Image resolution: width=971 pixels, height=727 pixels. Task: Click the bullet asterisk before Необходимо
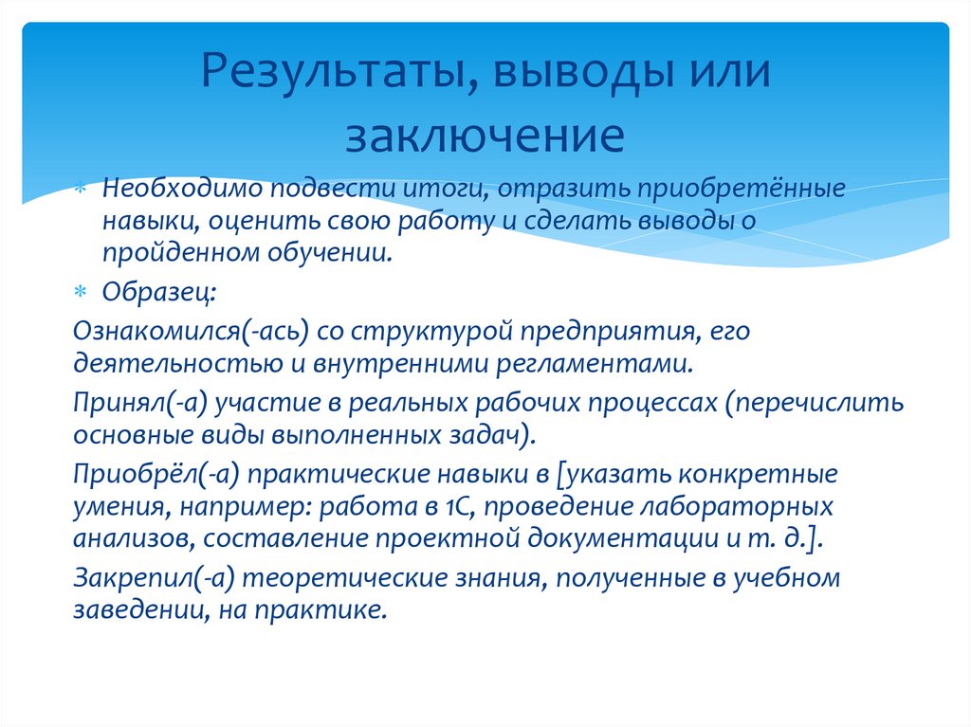[82, 188]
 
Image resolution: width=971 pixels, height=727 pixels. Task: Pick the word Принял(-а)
[138, 403]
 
